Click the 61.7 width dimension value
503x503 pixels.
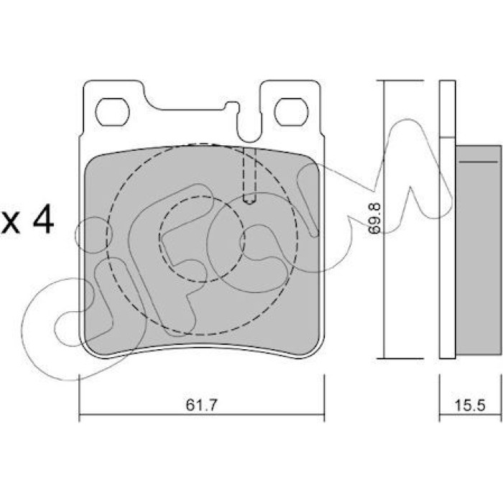coord(201,405)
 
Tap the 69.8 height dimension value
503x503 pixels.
coord(374,218)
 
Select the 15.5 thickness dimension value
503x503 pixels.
coord(470,405)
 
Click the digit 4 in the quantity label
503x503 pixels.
coord(44,219)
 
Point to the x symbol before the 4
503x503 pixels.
coord(11,223)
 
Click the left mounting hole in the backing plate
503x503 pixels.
coord(112,112)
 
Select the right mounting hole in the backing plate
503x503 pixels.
coord(291,112)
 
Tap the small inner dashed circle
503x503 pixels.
coord(202,239)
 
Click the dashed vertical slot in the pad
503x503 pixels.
coord(249,175)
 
